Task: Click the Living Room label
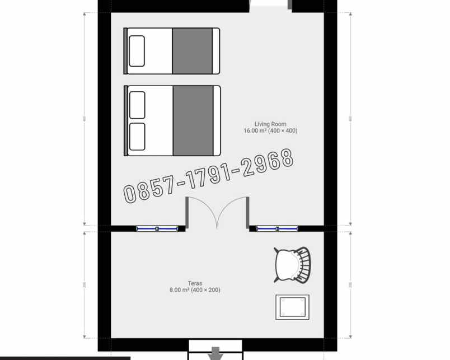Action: [x=270, y=124]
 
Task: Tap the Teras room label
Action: [x=195, y=283]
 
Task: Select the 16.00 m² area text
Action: [x=270, y=131]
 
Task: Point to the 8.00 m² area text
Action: [x=195, y=290]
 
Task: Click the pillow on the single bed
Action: [x=137, y=51]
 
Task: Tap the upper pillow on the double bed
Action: [x=137, y=105]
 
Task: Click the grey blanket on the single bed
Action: [x=193, y=51]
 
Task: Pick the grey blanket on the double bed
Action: [x=193, y=120]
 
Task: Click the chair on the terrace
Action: [x=292, y=264]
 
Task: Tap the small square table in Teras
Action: [x=292, y=307]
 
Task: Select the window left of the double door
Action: [x=157, y=228]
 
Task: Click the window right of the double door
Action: [x=277, y=228]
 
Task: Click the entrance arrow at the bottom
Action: [x=215, y=354]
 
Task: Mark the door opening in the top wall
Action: [x=270, y=5]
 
